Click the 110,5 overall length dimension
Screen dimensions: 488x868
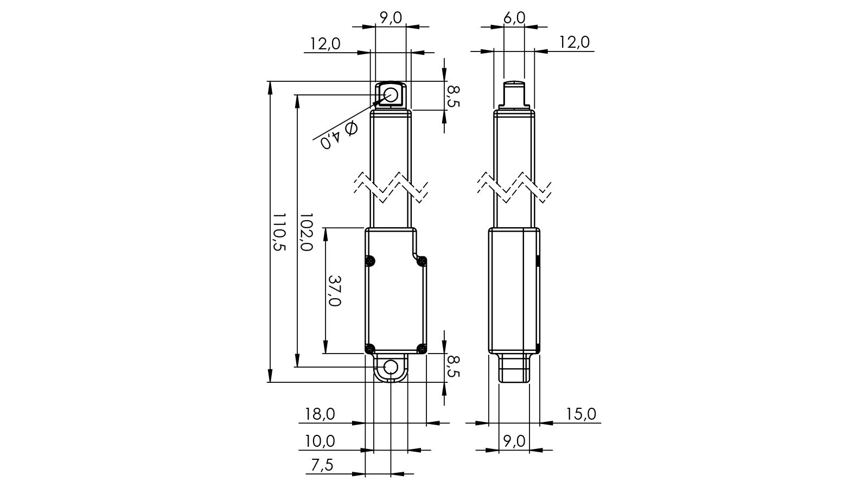tap(278, 232)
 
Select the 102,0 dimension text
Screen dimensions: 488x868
tap(305, 232)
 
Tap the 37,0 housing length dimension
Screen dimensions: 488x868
tap(334, 291)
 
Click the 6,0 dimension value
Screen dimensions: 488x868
tap(514, 18)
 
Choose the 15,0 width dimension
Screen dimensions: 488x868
tap(581, 414)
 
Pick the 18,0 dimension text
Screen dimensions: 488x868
tap(320, 414)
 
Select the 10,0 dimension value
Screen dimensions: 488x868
tap(320, 441)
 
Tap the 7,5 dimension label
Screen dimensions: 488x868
tap(322, 465)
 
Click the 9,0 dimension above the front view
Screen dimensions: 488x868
tap(391, 18)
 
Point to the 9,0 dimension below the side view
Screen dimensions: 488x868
tap(514, 441)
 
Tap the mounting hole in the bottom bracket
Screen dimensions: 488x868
tap(391, 367)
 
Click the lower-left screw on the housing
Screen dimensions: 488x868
tap(370, 348)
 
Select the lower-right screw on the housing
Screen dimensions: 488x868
tap(422, 348)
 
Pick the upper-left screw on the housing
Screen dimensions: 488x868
tap(370, 261)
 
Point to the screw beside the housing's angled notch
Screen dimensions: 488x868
tap(422, 261)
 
